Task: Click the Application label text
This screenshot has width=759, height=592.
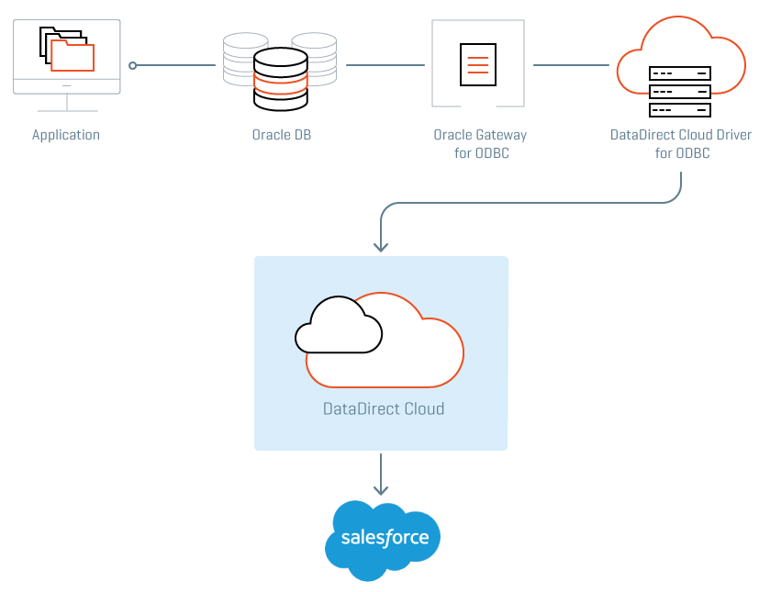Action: click(66, 135)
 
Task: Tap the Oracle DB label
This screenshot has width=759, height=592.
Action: click(282, 135)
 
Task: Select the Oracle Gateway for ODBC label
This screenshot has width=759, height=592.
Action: click(481, 144)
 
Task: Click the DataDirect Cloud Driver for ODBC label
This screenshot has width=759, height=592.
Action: click(681, 144)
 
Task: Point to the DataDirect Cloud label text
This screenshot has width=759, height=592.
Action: click(384, 408)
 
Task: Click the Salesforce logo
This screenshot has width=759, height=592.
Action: click(383, 539)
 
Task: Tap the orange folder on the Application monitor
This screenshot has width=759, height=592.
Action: click(73, 55)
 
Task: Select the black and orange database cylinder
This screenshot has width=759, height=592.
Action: click(280, 79)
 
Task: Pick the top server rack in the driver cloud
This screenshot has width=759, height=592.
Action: click(680, 73)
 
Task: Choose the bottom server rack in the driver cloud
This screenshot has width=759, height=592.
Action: click(680, 110)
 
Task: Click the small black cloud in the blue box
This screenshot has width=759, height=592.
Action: click(338, 326)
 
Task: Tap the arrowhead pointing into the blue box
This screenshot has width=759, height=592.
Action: click(381, 245)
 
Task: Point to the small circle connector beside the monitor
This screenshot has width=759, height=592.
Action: click(133, 65)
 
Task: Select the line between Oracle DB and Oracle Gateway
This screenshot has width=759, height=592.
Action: click(385, 65)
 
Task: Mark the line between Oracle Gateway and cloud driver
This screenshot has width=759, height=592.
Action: click(571, 65)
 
